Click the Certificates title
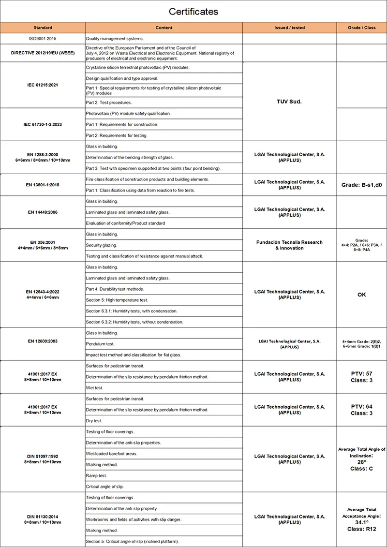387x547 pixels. tap(193, 11)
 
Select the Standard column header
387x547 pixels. tap(43, 28)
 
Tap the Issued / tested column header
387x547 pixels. tap(289, 28)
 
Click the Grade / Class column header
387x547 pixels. tap(361, 28)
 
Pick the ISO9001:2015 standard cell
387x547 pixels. tap(43, 38)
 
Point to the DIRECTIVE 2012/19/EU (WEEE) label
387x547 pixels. tap(43, 53)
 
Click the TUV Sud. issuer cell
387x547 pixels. tap(289, 102)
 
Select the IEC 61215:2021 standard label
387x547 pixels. tap(43, 85)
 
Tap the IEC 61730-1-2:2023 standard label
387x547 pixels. tap(43, 124)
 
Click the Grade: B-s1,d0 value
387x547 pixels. tap(361, 185)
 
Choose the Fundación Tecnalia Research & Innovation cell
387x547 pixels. tap(289, 245)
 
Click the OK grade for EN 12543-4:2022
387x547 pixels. tap(361, 295)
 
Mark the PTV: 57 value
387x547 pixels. tap(361, 374)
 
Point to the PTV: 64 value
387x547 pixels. tap(361, 407)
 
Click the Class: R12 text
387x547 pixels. tap(361, 529)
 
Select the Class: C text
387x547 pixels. tap(361, 469)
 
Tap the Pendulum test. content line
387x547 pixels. tap(100, 344)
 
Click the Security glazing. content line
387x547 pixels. tap(102, 245)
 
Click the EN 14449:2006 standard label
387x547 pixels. tap(43, 212)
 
